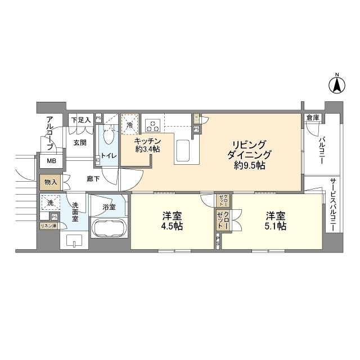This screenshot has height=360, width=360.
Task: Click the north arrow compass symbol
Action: click(x=336, y=84)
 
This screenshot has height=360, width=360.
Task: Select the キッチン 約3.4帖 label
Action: click(x=148, y=145)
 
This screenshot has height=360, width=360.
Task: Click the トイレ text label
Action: click(x=108, y=155)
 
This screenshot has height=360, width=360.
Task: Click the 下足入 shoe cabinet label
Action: click(x=80, y=119)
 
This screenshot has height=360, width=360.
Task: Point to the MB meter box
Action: click(x=51, y=161)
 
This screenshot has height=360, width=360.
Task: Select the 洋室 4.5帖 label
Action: click(x=170, y=221)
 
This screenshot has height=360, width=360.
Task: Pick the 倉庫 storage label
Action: click(x=313, y=118)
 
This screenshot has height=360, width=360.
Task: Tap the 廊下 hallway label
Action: click(x=93, y=178)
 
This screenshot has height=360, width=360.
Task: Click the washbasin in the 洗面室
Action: click(x=73, y=240)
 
